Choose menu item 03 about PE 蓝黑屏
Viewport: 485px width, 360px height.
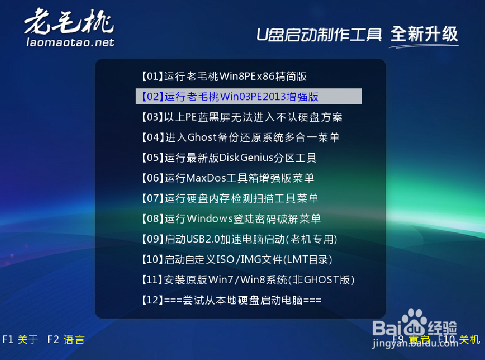(x=241, y=117)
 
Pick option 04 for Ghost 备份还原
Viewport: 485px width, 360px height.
(x=240, y=137)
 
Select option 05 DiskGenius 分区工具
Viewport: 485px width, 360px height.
(x=228, y=158)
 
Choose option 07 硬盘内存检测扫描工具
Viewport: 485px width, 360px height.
(x=229, y=199)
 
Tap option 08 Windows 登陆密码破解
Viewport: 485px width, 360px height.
(x=231, y=219)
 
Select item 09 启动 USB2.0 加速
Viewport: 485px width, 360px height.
(x=239, y=239)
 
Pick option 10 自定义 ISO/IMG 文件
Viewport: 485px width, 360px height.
(x=237, y=260)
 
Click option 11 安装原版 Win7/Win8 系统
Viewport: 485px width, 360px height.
(x=247, y=280)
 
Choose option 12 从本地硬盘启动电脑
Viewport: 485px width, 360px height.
(x=231, y=301)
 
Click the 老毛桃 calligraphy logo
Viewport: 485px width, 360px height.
(x=68, y=23)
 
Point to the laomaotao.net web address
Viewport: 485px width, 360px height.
(x=70, y=42)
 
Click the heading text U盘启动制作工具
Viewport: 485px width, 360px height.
(x=319, y=34)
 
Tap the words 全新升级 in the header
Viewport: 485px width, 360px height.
(x=425, y=34)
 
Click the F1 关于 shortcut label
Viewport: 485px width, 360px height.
(x=20, y=340)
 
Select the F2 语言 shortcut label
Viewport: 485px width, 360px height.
(x=66, y=340)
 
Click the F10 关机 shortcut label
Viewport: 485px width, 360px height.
(x=459, y=340)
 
